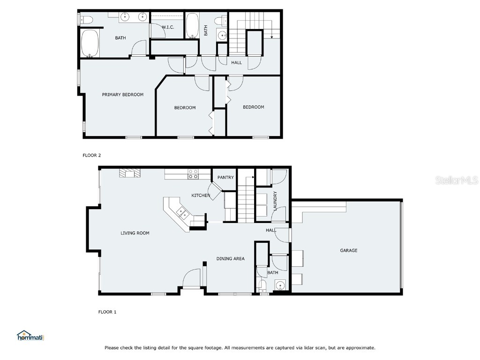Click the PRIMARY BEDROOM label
point(123,95)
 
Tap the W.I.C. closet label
point(168,27)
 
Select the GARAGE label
point(349,250)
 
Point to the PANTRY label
point(225,177)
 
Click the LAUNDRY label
point(275,201)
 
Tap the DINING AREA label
point(231,259)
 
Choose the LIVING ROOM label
point(135,233)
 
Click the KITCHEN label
point(201,195)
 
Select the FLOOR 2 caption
point(92,155)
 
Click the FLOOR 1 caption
point(107,312)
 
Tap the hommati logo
point(30,336)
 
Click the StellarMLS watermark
point(457,180)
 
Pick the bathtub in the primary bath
point(90,43)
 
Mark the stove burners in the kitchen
point(193,174)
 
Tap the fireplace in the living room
point(130,173)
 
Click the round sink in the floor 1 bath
point(280,285)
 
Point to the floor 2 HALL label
point(237,63)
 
